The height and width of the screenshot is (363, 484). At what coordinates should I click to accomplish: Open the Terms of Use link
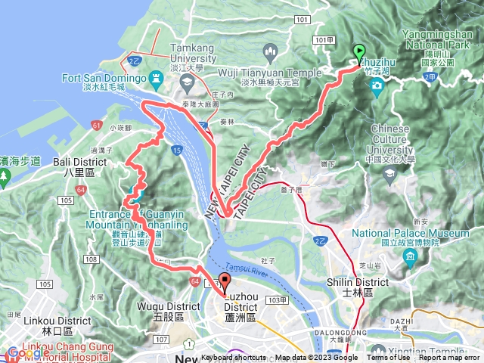pyautogui.click(x=389, y=358)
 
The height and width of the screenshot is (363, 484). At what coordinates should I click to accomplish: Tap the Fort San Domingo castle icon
pyautogui.click(x=157, y=78)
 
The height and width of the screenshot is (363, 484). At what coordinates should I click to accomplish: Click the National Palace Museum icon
pyautogui.click(x=410, y=259)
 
